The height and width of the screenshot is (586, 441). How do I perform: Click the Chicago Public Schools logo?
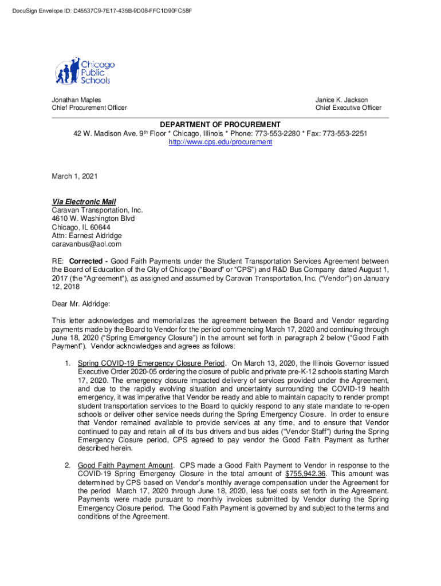click(85, 71)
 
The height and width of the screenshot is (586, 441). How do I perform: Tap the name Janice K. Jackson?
click(341, 100)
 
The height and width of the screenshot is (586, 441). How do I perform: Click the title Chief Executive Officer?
click(348, 108)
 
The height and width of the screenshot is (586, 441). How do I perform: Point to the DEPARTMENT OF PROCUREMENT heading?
click(220, 125)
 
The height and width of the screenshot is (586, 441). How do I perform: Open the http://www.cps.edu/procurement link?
click(220, 141)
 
